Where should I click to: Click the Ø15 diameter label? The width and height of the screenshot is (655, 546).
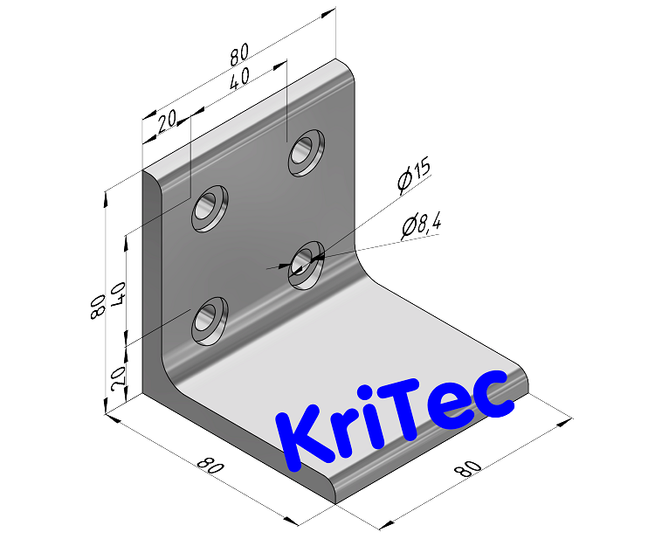pyautogui.click(x=413, y=177)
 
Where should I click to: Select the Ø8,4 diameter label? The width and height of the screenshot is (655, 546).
pyautogui.click(x=421, y=226)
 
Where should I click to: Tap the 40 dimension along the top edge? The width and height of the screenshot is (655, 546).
pyautogui.click(x=237, y=80)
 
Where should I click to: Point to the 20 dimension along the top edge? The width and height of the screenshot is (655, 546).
pyautogui.click(x=168, y=123)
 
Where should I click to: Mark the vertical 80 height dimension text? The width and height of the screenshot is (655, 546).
pyautogui.click(x=98, y=307)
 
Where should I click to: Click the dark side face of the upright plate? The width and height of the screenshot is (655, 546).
pyautogui.click(x=152, y=288)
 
